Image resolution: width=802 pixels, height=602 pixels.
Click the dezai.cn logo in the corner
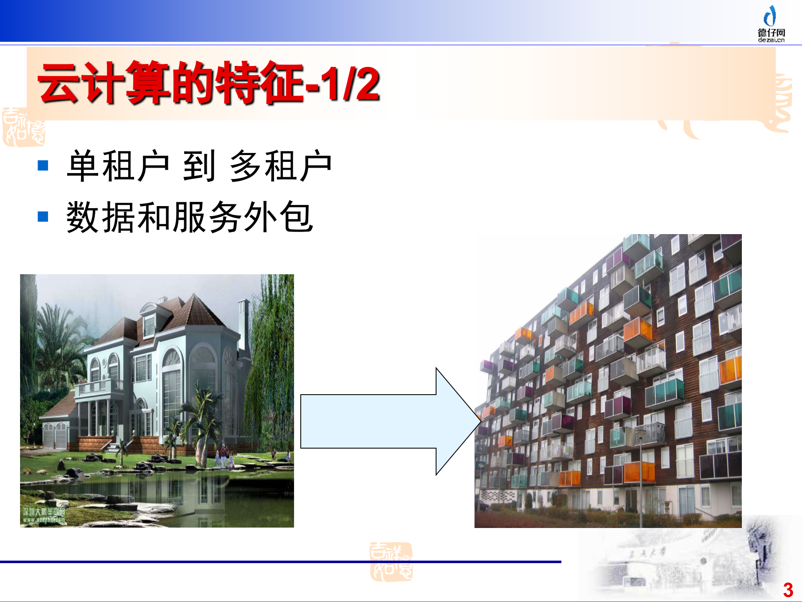771,24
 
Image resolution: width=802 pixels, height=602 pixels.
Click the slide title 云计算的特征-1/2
208,83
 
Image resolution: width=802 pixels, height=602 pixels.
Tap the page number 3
788,590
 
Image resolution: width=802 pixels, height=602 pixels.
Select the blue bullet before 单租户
43,166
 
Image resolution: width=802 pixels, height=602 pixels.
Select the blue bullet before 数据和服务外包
43,217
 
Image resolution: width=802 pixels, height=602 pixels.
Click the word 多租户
281,166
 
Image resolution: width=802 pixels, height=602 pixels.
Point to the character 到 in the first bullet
199,166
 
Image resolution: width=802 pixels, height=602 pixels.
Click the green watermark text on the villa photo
44,515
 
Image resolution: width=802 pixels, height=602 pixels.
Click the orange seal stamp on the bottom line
391,561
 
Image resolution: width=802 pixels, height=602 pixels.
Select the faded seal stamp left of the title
23,128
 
